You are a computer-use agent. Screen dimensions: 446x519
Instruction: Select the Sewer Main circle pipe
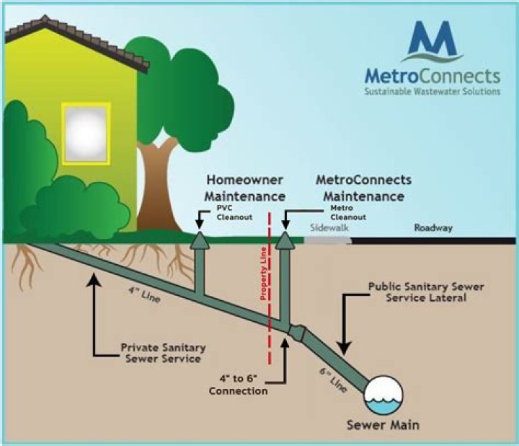tap(383, 393)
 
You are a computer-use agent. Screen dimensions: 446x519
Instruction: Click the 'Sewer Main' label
tap(383, 425)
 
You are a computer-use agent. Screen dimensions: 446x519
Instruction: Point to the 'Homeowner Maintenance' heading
tap(244, 188)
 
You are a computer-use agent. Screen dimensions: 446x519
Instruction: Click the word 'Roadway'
tap(433, 228)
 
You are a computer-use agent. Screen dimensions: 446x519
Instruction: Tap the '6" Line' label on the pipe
tap(340, 376)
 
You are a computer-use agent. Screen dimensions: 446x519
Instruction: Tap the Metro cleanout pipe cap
tap(285, 240)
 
